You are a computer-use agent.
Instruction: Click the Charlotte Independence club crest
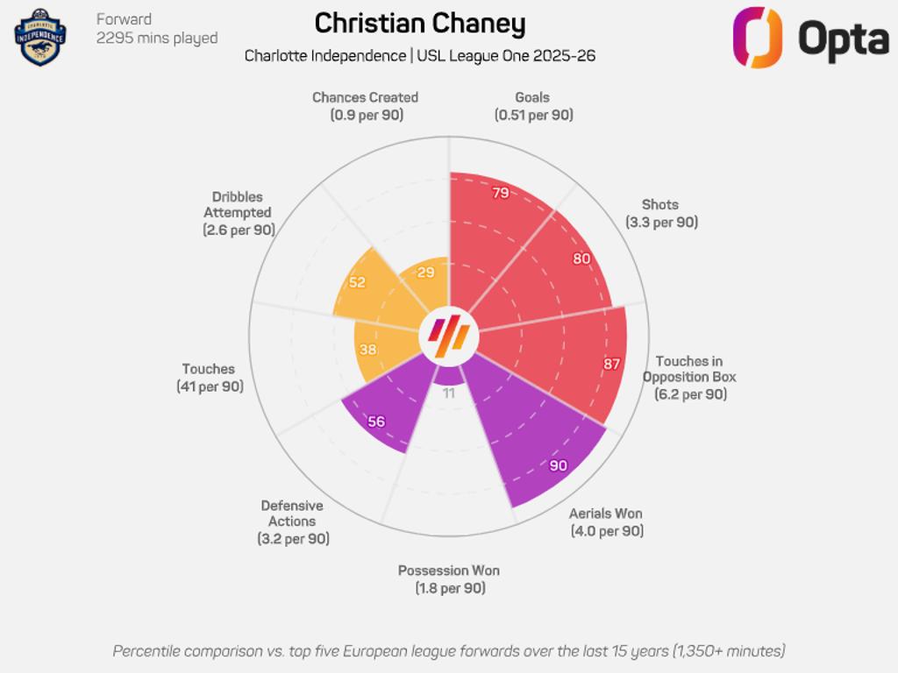tap(40, 37)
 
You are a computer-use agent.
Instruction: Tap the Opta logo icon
tap(757, 37)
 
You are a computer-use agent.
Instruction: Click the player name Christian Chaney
tap(420, 24)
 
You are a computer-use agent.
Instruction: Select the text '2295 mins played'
tap(157, 38)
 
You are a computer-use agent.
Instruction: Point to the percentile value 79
tap(501, 193)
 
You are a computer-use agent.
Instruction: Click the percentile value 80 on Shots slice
tap(581, 259)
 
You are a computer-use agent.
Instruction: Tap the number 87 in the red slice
tap(611, 364)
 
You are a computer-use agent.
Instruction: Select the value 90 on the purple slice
tap(559, 465)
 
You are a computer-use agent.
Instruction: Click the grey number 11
tap(449, 393)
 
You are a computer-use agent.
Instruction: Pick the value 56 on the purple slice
tap(376, 422)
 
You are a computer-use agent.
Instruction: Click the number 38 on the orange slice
tap(367, 349)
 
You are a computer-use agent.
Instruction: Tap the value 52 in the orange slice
tap(357, 282)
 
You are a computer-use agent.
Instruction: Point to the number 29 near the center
tap(425, 273)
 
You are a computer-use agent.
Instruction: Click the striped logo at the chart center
tap(449, 336)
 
